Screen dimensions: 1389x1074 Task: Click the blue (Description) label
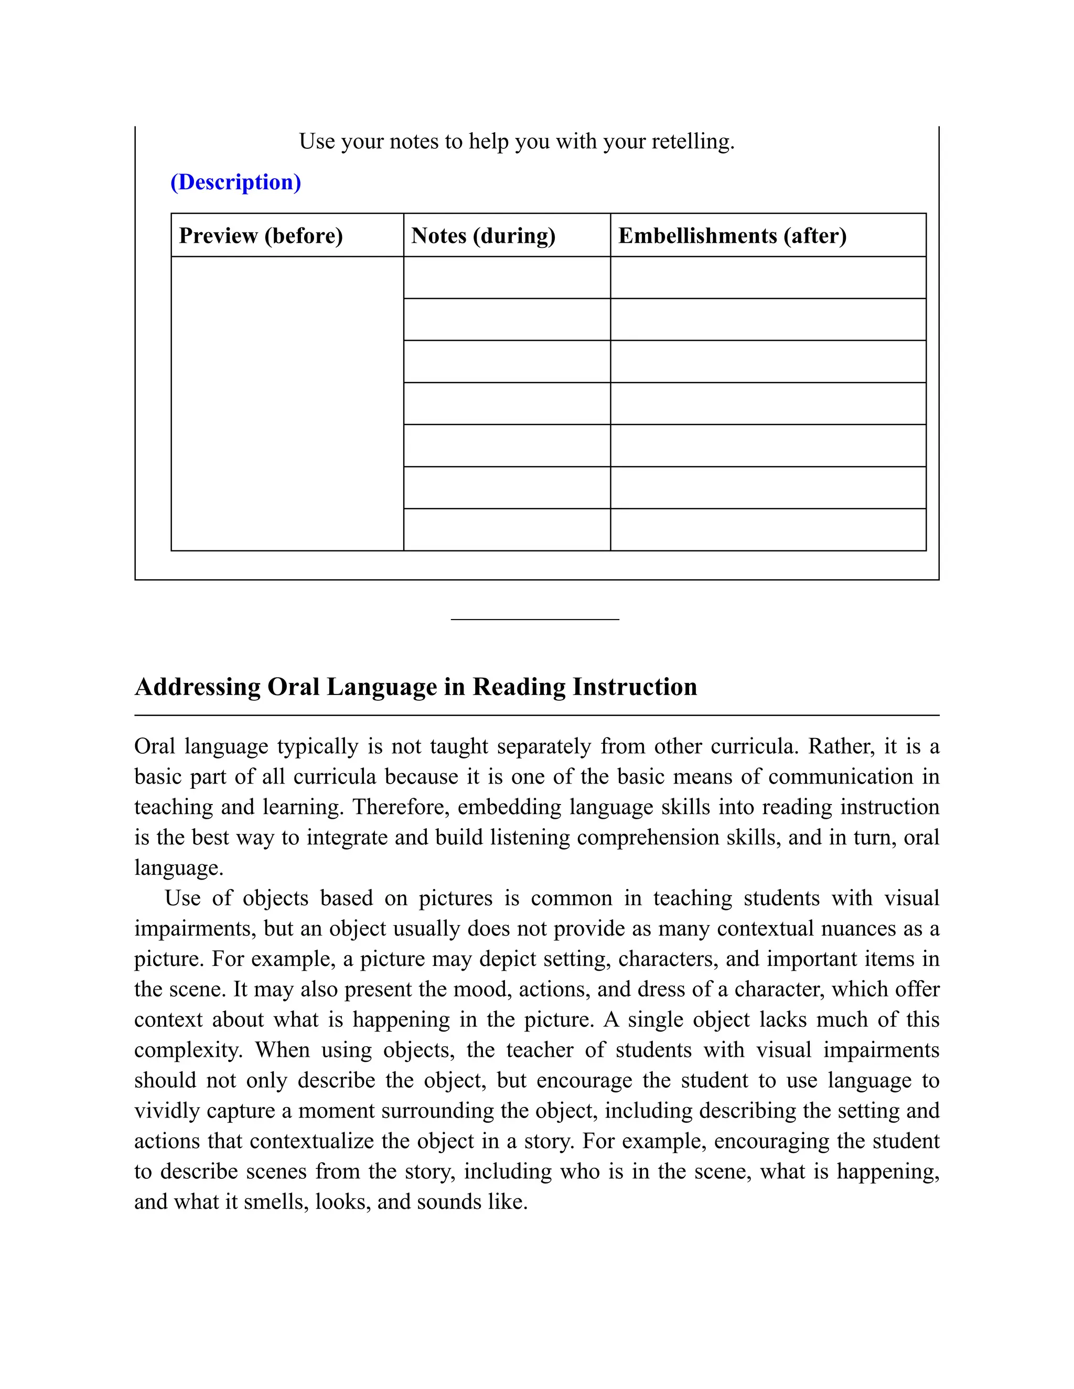click(235, 182)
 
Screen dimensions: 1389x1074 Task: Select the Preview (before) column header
click(261, 235)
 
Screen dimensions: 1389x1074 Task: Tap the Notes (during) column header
click(483, 235)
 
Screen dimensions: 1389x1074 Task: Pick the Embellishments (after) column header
click(732, 235)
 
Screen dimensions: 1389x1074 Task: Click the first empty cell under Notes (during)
click(507, 278)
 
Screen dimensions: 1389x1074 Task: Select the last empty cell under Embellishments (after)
click(768, 530)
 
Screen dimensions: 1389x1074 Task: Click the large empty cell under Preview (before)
click(287, 404)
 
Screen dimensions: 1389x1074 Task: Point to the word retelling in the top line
click(692, 141)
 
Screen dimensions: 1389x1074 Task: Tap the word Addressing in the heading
click(197, 687)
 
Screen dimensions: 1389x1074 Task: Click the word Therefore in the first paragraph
click(402, 807)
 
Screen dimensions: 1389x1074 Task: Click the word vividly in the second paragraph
click(166, 1111)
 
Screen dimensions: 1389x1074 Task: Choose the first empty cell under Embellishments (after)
click(768, 278)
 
